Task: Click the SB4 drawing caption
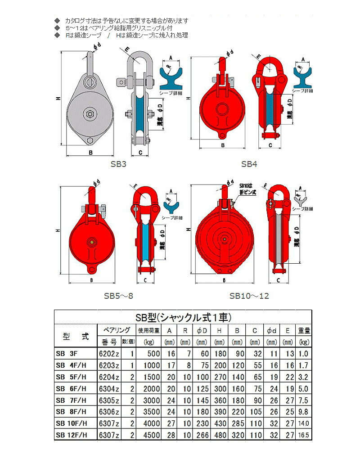(249, 164)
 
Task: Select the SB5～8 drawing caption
(118, 296)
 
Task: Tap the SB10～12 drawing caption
(249, 296)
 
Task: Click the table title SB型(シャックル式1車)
(183, 317)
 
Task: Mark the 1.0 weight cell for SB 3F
(304, 354)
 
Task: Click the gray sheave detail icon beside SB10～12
(300, 197)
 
